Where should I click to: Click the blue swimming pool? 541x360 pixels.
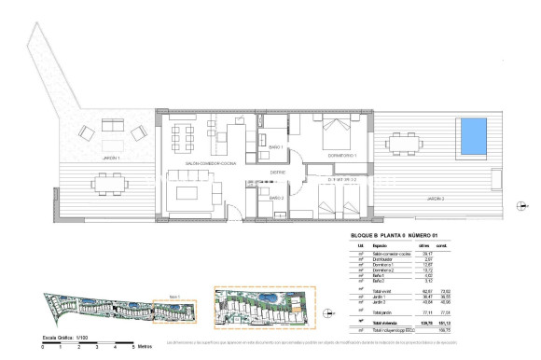pos(474,136)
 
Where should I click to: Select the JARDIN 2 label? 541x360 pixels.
pos(439,199)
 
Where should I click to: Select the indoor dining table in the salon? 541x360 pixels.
pos(185,136)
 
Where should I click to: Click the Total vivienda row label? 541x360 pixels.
pos(372,322)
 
